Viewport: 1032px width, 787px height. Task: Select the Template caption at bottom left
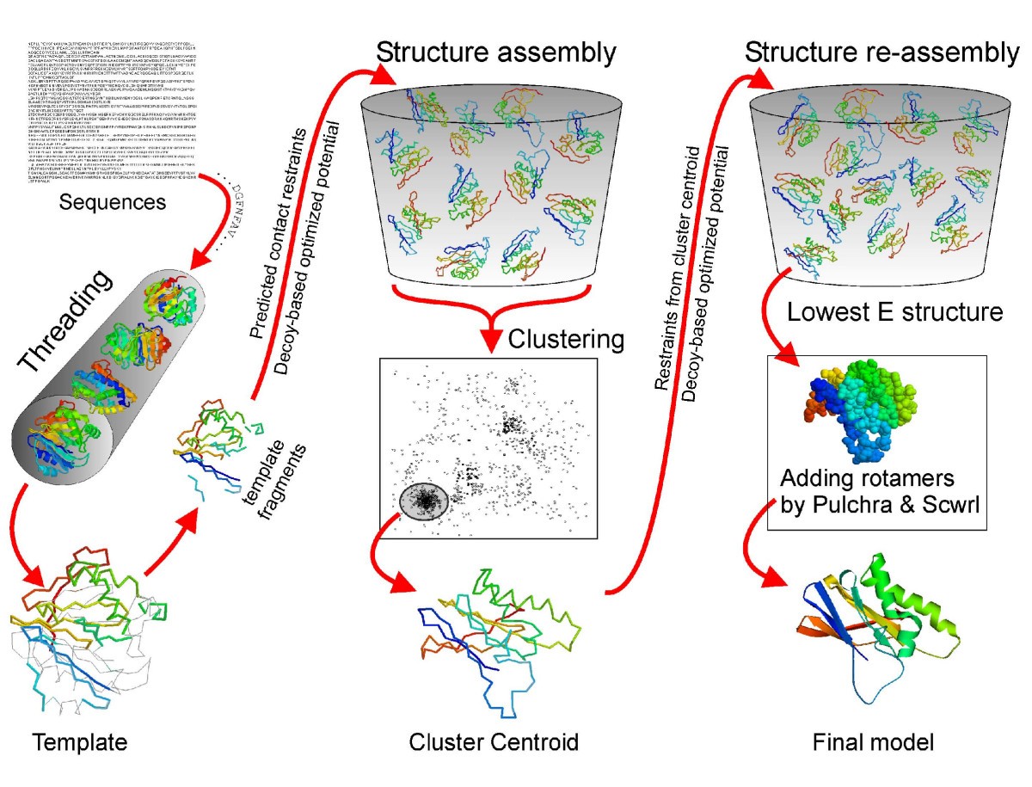pyautogui.click(x=79, y=741)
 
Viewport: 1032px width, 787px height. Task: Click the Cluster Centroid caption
pyautogui.click(x=493, y=741)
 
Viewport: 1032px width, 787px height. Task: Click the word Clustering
pyautogui.click(x=566, y=340)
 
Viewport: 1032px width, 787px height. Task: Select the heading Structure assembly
pyautogui.click(x=496, y=53)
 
